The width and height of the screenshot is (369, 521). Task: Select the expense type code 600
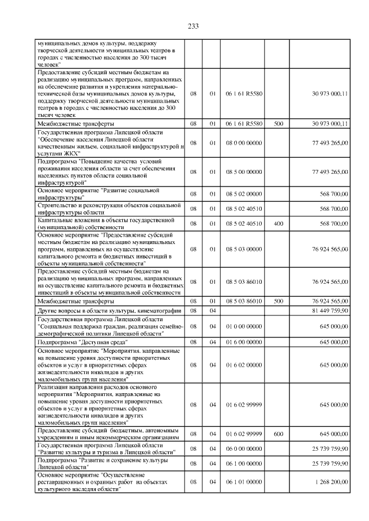coord(278,433)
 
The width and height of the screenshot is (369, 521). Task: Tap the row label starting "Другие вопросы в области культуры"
coord(109,311)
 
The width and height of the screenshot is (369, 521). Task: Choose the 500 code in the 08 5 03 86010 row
coord(278,301)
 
